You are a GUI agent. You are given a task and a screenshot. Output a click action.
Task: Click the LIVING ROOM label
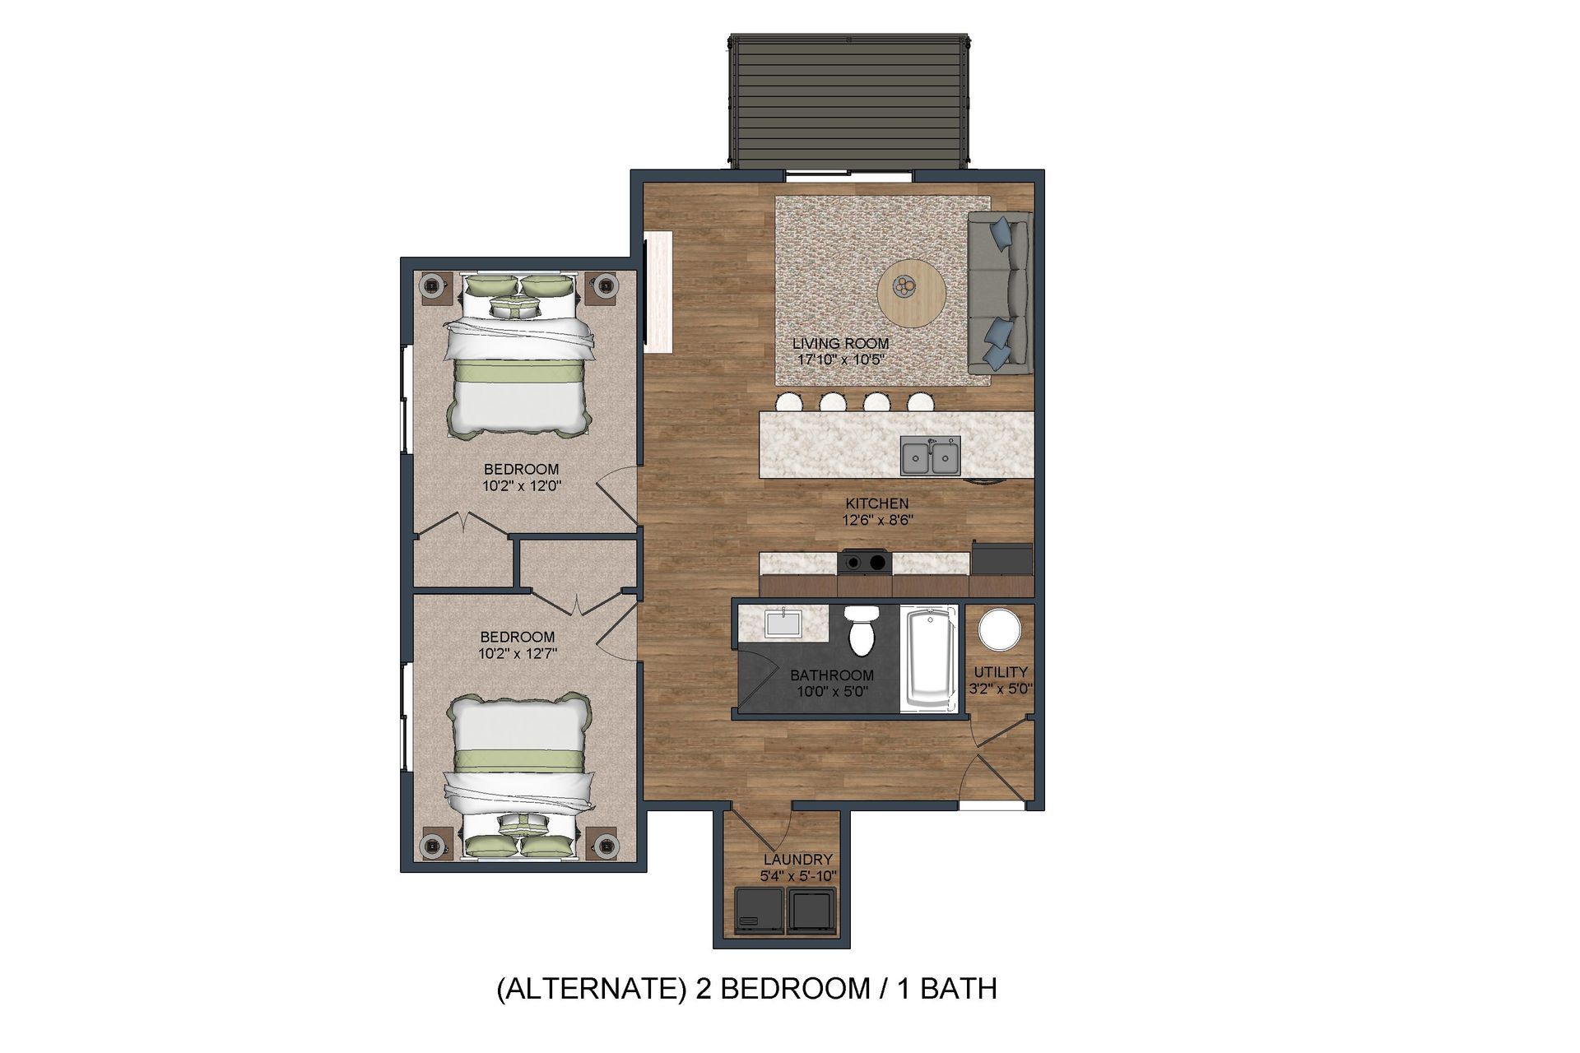click(840, 344)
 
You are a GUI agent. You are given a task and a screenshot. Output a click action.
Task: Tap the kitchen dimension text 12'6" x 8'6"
click(877, 520)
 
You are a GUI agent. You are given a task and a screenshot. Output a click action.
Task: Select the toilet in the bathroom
click(862, 632)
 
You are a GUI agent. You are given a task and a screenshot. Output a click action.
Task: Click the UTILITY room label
click(1000, 671)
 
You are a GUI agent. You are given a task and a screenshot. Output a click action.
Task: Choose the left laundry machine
click(760, 911)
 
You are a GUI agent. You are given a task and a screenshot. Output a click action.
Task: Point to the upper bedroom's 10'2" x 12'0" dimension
click(522, 485)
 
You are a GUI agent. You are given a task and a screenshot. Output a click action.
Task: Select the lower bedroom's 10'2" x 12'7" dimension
click(518, 654)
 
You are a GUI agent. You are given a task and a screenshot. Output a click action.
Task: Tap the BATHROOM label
click(831, 675)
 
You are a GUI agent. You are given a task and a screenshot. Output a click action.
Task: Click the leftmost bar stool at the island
click(788, 403)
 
